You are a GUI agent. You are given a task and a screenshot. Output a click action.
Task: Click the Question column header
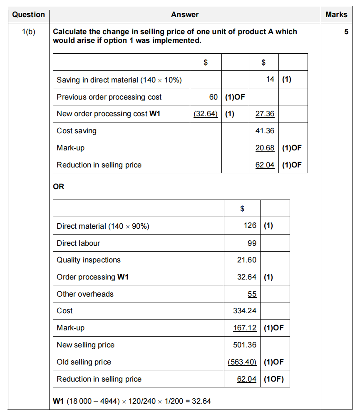pos(28,15)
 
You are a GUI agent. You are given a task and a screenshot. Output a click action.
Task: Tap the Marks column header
pos(336,15)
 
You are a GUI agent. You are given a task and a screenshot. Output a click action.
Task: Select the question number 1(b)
pos(28,32)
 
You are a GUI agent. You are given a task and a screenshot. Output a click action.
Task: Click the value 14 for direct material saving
pos(270,80)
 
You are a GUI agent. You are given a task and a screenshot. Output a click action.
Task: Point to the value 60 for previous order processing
pos(214,97)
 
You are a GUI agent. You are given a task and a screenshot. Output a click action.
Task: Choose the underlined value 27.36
pos(265,114)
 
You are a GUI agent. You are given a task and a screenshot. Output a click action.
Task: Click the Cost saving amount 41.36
pos(265,131)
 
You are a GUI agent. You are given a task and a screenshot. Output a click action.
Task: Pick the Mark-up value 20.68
pos(265,148)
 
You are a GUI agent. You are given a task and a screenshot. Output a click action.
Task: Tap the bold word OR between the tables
pos(59,187)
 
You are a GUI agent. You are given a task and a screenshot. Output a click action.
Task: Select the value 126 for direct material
pos(250,226)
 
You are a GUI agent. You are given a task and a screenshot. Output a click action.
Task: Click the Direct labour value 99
pos(252,243)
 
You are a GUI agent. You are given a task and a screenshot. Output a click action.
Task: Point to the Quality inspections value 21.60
pos(247,260)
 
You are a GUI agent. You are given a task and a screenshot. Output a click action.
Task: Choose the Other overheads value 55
pos(252,294)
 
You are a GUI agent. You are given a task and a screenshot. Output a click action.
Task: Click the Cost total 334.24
pos(245,311)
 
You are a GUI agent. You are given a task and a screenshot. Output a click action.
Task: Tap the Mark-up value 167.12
pos(245,328)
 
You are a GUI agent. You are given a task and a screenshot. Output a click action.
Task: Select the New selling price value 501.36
pos(245,345)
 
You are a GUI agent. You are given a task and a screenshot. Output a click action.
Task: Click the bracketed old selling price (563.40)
pos(242,362)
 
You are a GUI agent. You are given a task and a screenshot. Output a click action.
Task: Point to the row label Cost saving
pos(77,131)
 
